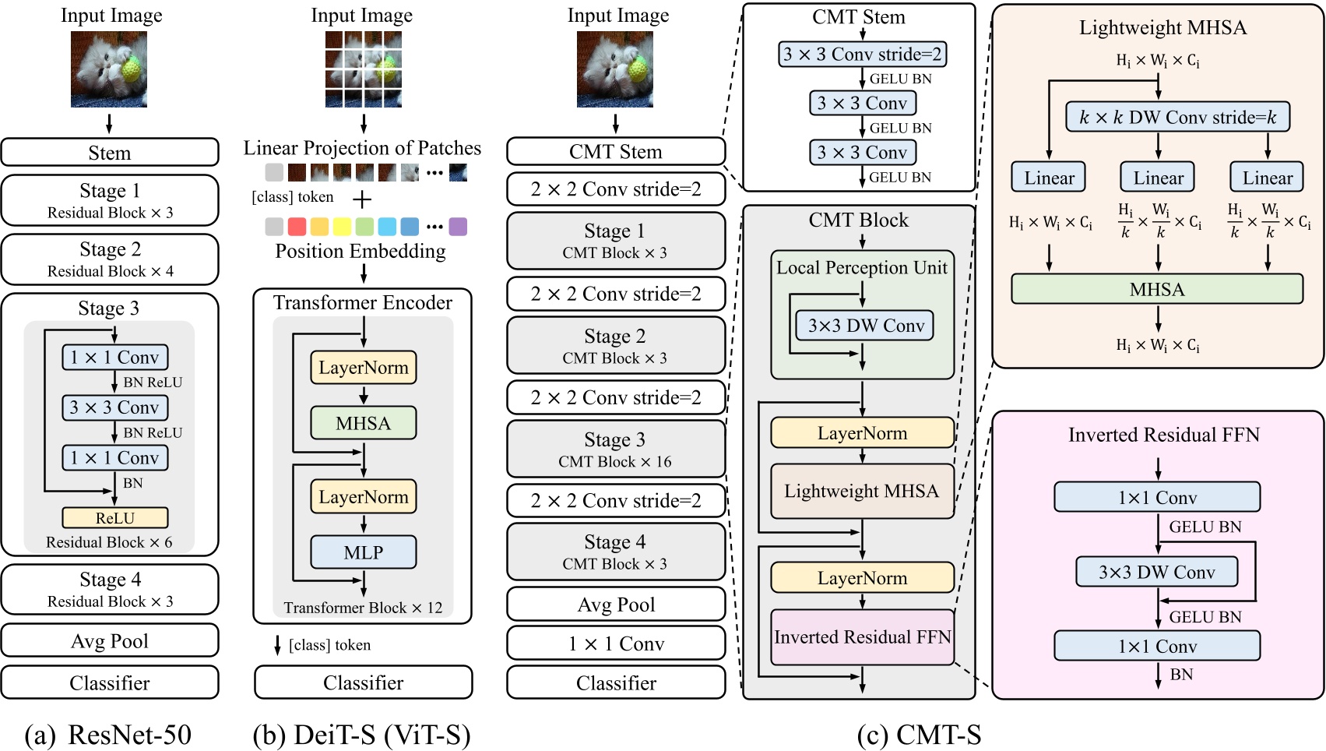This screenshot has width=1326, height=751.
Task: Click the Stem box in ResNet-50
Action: (110, 153)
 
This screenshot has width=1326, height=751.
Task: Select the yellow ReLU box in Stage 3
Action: (115, 518)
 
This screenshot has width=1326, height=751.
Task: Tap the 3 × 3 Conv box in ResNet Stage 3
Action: (115, 407)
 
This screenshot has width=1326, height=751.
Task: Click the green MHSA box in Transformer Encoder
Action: (363, 423)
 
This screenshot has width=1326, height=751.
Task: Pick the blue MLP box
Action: (363, 552)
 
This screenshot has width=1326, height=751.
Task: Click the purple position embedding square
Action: (458, 227)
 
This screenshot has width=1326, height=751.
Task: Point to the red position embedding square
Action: (297, 227)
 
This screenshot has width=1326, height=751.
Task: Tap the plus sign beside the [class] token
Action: (362, 199)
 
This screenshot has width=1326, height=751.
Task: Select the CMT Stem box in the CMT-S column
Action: (616, 152)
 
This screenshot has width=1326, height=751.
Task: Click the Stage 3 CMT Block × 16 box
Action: (616, 450)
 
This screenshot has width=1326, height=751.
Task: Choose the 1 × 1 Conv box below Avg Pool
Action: (616, 643)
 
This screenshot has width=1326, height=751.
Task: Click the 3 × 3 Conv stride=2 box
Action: (862, 55)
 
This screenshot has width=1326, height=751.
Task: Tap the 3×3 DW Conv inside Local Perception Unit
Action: (865, 326)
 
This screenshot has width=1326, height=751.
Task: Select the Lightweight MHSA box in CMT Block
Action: (862, 492)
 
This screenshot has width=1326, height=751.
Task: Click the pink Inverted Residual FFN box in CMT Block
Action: (862, 637)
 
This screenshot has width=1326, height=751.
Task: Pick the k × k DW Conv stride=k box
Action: (1177, 118)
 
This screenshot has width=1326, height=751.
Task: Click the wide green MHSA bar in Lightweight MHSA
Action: (1157, 289)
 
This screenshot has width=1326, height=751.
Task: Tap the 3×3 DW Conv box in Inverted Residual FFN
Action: (1156, 573)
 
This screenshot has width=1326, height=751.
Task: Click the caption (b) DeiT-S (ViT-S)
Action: (362, 735)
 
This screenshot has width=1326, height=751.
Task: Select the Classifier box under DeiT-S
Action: (363, 682)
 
